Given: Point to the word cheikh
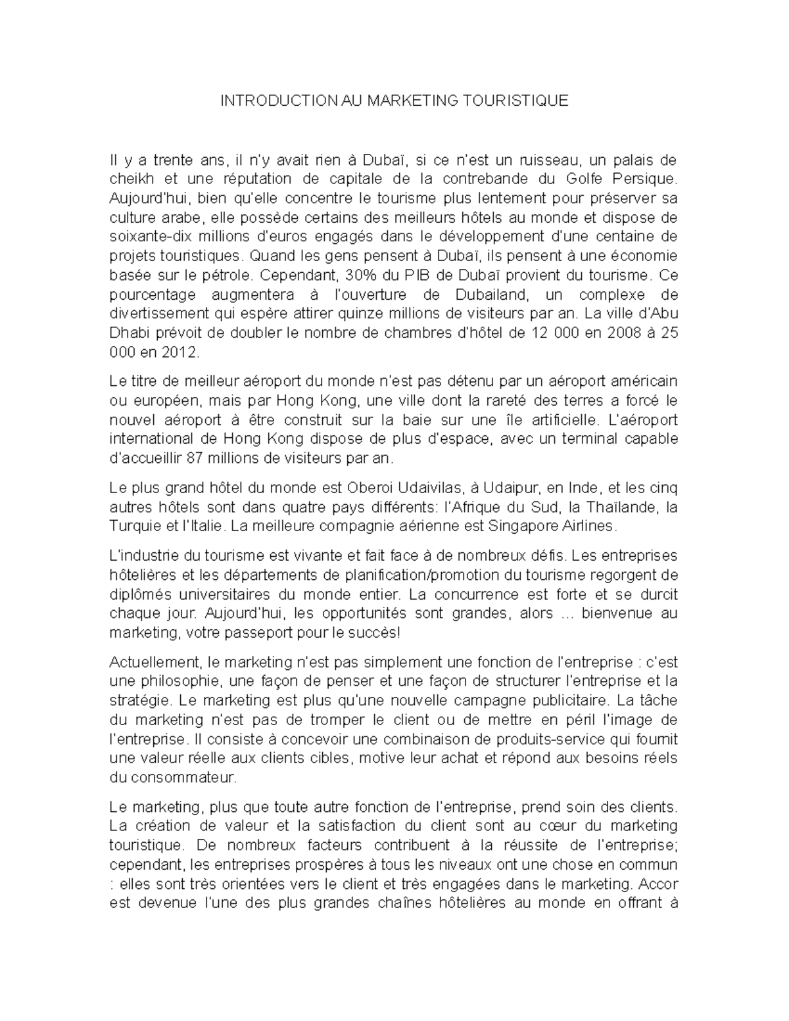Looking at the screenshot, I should pyautogui.click(x=129, y=179).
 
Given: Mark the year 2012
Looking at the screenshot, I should pyautogui.click(x=181, y=352).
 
